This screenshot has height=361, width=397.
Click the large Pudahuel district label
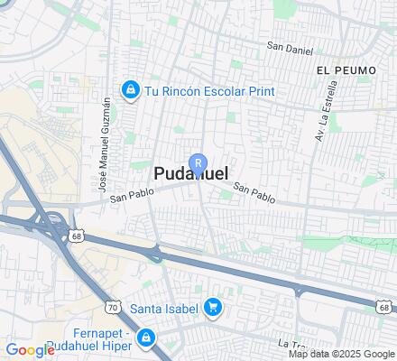pyautogui.click(x=190, y=174)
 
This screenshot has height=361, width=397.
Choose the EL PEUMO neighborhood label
pyautogui.click(x=339, y=69)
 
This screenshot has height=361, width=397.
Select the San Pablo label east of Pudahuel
pyautogui.click(x=254, y=191)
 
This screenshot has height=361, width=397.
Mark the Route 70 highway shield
pyautogui.click(x=112, y=307)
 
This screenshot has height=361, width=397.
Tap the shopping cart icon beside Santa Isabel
pyautogui.click(x=213, y=308)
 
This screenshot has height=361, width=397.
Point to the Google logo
pyautogui.click(x=30, y=350)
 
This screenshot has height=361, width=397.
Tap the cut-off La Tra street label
pyautogui.click(x=293, y=344)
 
